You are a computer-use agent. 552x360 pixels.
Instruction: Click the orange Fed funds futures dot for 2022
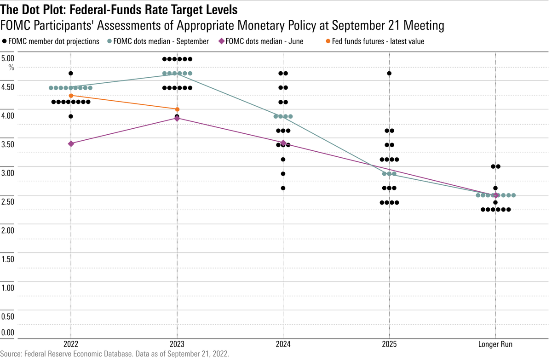coord(71,96)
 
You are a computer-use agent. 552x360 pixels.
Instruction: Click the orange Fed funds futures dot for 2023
coord(177,109)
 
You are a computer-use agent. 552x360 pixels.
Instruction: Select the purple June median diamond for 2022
coord(71,144)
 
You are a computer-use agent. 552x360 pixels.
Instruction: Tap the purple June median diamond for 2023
coord(177,118)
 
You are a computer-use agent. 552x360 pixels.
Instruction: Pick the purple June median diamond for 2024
coord(283,143)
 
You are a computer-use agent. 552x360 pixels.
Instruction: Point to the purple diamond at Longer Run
coord(495,195)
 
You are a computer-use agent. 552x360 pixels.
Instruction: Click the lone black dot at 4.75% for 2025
coord(389,74)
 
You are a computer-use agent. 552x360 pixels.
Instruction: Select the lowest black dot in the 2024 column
coord(283,188)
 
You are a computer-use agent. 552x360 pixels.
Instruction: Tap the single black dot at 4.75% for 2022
coord(71,74)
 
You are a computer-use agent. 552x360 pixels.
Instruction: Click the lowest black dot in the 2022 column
coord(71,116)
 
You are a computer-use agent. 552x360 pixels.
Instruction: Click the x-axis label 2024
coord(283,344)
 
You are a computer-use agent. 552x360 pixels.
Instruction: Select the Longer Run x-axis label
coord(495,344)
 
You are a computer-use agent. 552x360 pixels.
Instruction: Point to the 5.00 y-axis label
coord(8,59)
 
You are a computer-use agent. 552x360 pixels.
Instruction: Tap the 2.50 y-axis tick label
coord(8,201)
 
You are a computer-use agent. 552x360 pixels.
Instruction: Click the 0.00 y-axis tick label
coord(8,333)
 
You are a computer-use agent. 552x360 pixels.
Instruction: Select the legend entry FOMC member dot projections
coord(53,41)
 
